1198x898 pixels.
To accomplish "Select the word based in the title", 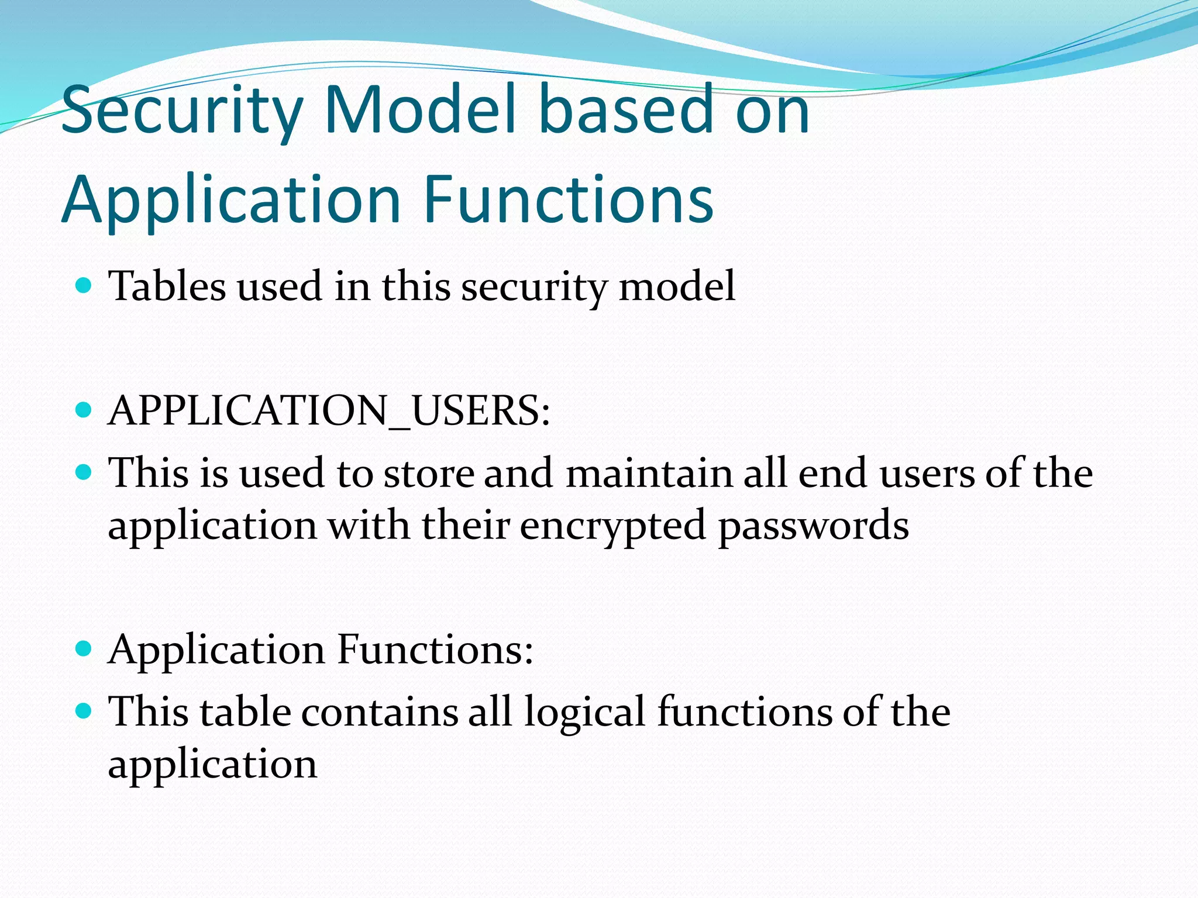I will [x=626, y=109].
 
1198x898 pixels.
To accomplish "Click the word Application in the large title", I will [x=231, y=201].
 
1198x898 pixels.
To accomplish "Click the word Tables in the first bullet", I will [x=167, y=286].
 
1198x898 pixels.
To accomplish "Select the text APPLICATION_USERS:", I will [x=329, y=410].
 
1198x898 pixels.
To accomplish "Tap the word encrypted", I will [x=612, y=525].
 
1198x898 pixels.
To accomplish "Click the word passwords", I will [x=813, y=525].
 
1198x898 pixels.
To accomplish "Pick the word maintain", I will [x=648, y=473].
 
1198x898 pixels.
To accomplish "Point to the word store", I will [x=429, y=473].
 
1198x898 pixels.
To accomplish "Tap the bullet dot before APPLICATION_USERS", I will [x=84, y=410].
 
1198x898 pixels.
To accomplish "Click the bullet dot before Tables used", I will [x=84, y=286].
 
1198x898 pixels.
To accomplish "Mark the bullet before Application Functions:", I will [x=84, y=648].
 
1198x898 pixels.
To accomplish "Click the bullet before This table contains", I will [x=84, y=711].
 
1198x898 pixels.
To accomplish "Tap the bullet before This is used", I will [x=84, y=472].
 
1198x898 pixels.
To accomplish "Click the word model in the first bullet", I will [x=677, y=286].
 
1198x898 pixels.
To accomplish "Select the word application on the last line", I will [x=212, y=764].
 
